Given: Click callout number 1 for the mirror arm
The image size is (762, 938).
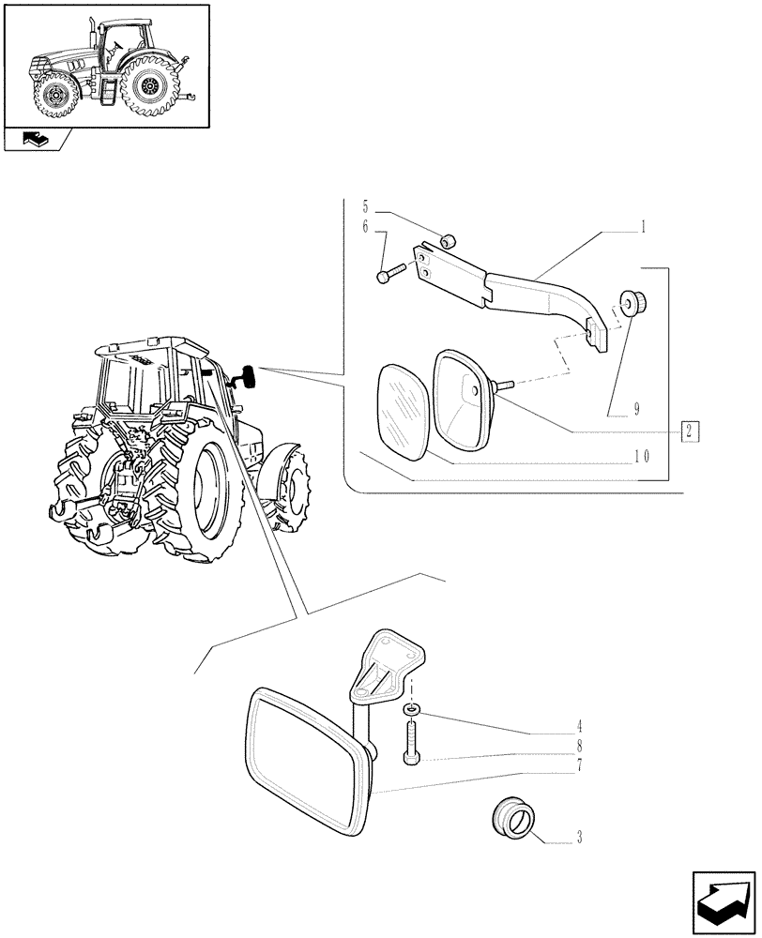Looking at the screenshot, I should [644, 226].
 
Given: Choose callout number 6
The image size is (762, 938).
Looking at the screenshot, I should [367, 227].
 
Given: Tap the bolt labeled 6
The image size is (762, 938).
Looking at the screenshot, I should [389, 274].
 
